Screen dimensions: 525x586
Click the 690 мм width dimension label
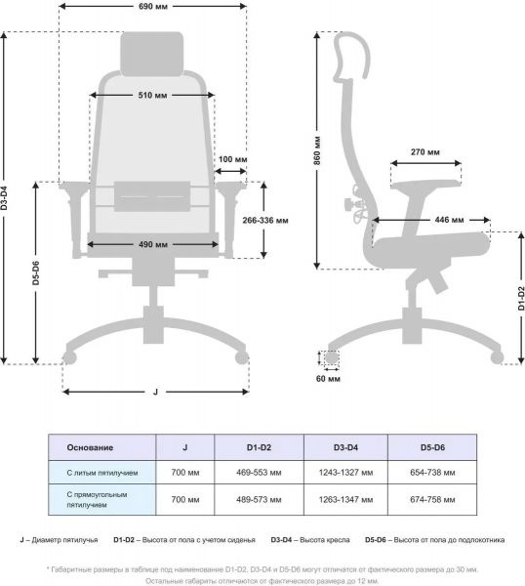click(153, 7)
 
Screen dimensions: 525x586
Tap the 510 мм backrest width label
click(152, 96)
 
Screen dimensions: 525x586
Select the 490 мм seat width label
click(153, 244)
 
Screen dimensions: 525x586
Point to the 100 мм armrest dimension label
click(232, 159)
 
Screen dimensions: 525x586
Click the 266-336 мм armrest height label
click(265, 220)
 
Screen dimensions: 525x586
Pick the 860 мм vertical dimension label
click(316, 150)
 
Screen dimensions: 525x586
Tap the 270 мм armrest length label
click(424, 151)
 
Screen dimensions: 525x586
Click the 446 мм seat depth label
click(449, 220)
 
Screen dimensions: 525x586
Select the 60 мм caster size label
click(328, 379)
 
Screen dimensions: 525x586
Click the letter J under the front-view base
click(155, 392)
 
